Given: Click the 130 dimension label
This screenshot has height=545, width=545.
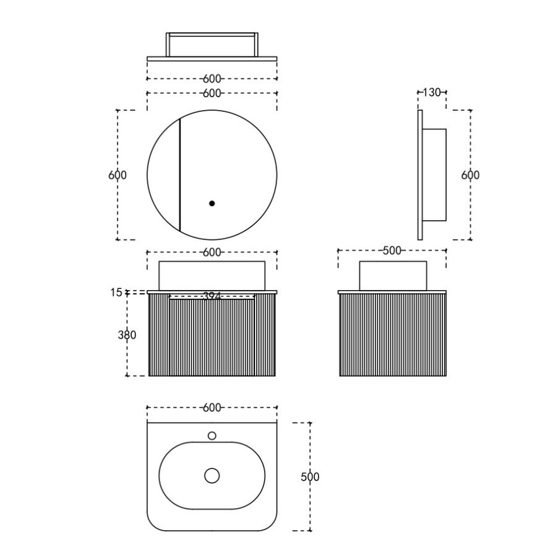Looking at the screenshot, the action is [432, 92].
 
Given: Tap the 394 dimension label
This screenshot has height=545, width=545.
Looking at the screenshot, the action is [212, 296].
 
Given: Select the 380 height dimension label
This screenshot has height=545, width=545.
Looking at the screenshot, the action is [127, 335].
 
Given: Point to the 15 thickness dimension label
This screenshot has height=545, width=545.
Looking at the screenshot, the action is [116, 293].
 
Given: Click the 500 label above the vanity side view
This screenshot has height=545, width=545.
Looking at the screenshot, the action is [392, 251].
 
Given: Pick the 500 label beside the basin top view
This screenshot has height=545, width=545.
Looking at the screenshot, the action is [310, 476].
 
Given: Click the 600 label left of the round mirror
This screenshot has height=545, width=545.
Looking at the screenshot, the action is [118, 175].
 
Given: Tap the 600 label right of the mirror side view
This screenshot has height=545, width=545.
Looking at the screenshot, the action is [470, 175].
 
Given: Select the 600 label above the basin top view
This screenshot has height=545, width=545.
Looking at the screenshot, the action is [212, 408].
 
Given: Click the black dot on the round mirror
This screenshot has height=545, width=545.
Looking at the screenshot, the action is [212, 204].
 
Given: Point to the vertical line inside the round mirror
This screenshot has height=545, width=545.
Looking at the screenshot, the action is [179, 175].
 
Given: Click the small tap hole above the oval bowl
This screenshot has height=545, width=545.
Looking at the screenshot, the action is [212, 436].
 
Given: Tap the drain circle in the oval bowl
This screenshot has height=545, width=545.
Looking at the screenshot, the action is [212, 476].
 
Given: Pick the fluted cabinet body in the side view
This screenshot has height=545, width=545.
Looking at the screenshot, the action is [393, 335].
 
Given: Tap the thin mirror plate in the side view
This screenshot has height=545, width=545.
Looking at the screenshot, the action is [420, 175].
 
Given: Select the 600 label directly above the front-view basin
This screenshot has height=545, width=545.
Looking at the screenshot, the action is [212, 252].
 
